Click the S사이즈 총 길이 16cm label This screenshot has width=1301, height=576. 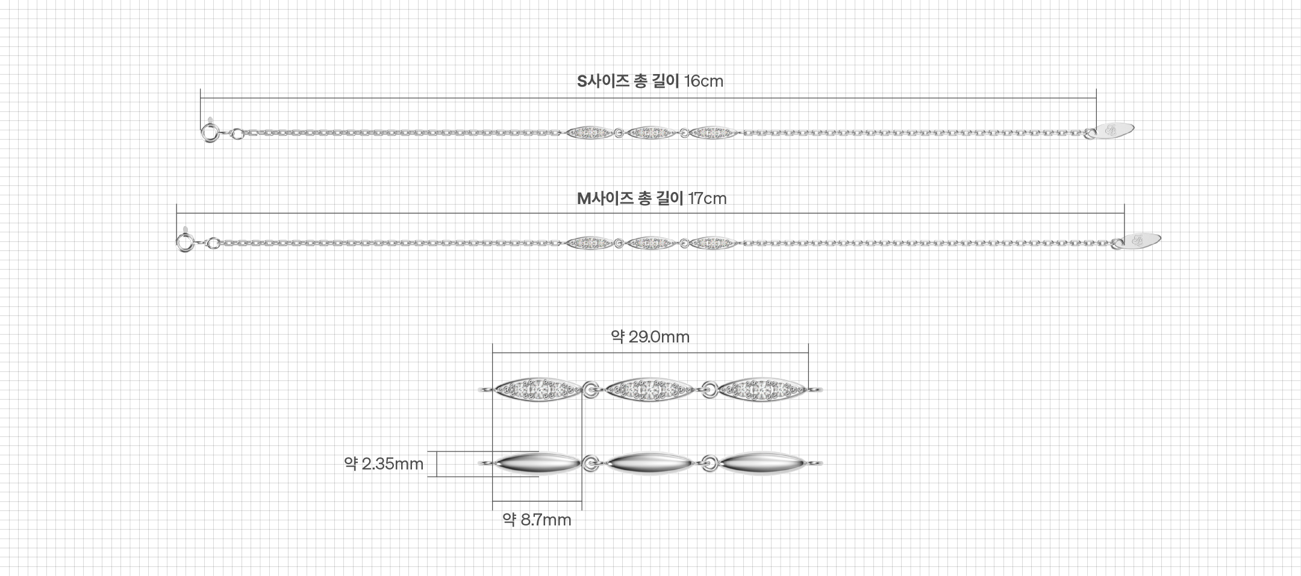point(650,81)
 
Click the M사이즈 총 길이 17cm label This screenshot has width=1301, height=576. point(652,199)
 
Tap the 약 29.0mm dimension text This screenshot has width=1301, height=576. point(650,337)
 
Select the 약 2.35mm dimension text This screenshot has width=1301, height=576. point(384,464)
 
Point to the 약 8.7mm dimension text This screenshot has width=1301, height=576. point(537,520)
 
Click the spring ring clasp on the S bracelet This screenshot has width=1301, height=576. point(208,132)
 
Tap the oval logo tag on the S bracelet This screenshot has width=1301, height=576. point(1115,129)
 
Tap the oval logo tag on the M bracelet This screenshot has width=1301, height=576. point(1142,240)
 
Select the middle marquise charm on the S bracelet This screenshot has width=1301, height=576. point(651,132)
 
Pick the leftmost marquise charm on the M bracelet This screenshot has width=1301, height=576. point(590,243)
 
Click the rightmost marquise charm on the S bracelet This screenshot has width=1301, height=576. point(713,132)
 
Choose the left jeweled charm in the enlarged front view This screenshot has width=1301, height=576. point(537,390)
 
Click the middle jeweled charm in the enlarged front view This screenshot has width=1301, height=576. point(649,390)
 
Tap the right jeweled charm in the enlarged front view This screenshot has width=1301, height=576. point(762,390)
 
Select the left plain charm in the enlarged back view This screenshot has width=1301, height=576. point(537,463)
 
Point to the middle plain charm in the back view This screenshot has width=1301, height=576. point(649,463)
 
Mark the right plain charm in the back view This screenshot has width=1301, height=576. point(762,463)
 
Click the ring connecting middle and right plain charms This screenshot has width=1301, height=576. point(710,464)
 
